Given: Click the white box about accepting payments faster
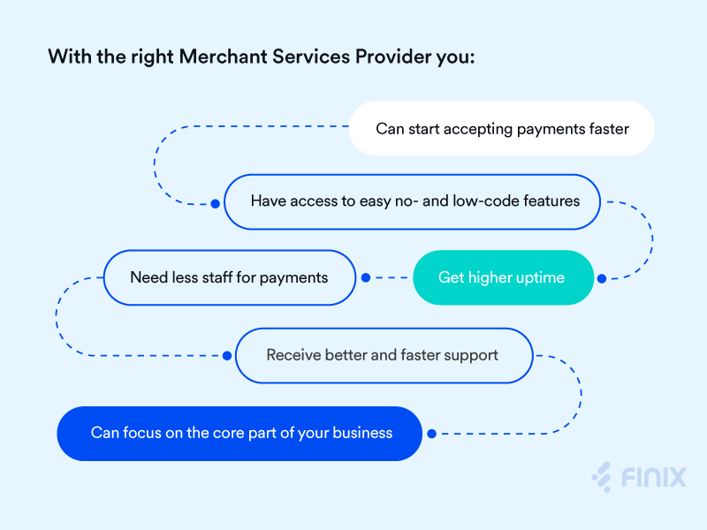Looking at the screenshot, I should point(502,129).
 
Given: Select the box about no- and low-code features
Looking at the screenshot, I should point(414,201).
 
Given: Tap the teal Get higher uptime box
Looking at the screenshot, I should point(502,277).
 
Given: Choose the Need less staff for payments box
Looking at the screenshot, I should point(229,277).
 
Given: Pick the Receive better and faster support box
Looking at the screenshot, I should point(383,355).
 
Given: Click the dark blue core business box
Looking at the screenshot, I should point(240,433).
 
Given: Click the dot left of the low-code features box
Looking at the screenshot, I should point(215,203).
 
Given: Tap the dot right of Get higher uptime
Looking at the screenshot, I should point(602,278).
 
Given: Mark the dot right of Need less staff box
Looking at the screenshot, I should point(366,277).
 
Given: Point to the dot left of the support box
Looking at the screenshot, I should point(227,355).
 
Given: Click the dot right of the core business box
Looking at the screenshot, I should point(431,434).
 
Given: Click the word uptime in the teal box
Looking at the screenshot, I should point(538,278).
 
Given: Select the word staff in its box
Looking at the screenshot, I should point(216,277).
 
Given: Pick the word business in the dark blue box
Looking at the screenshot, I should point(362,433).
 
